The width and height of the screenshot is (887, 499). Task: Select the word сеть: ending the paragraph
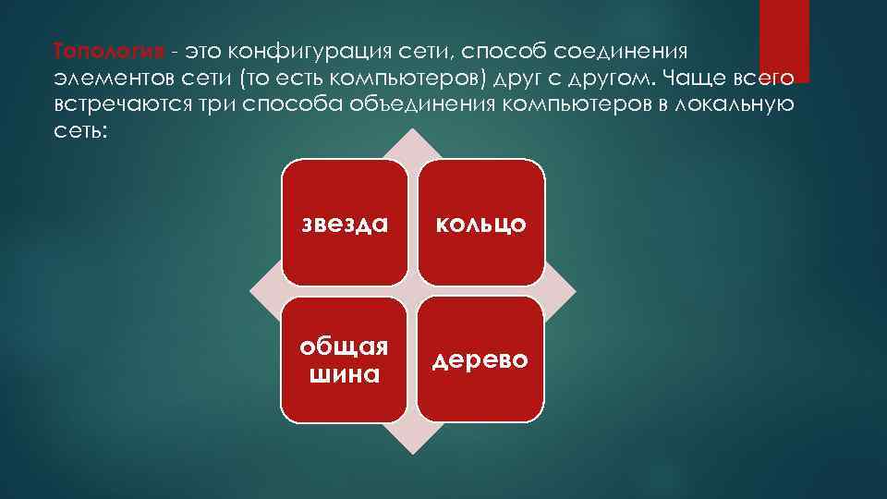click(80, 130)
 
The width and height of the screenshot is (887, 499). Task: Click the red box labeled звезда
click(345, 222)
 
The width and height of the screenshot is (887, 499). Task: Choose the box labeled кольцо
click(480, 222)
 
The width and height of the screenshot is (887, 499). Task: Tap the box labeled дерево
click(480, 359)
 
